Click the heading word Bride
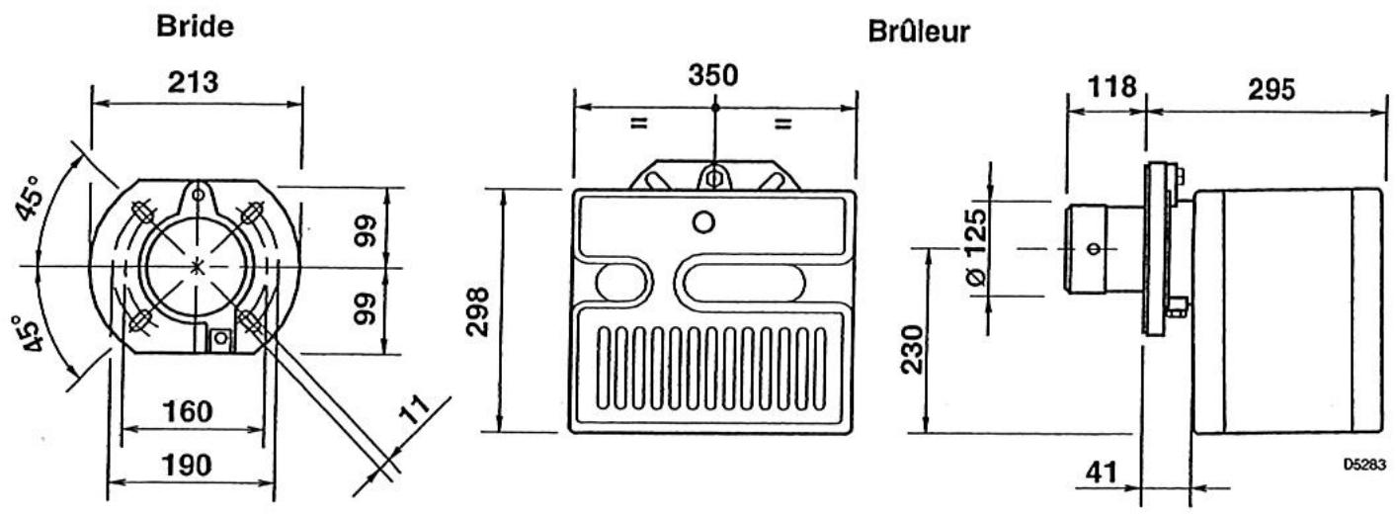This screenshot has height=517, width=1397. [195, 26]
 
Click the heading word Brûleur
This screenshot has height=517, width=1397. [919, 32]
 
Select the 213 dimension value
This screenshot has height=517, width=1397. [193, 82]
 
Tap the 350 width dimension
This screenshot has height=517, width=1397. [713, 75]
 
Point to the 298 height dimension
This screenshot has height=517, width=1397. [478, 311]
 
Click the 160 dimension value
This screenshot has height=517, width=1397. [188, 411]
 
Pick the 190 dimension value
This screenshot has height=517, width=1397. [187, 466]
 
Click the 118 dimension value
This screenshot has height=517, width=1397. [1112, 87]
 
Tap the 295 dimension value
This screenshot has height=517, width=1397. [1272, 89]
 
